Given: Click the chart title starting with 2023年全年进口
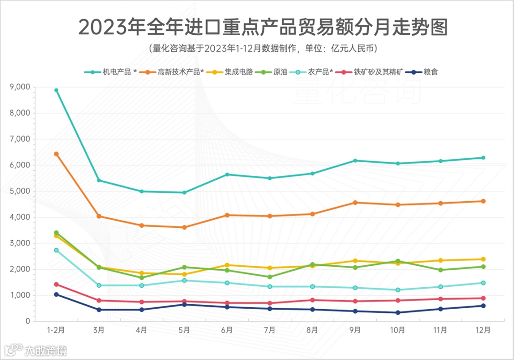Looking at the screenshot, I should tap(263, 28).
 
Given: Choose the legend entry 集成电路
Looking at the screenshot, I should tap(238, 72).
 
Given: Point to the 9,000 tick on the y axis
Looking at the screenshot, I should tap(20, 87).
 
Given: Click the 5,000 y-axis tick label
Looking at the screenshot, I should tap(20, 191).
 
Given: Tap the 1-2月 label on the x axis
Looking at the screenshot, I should tap(56, 330).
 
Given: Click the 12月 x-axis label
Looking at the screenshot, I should tap(483, 330).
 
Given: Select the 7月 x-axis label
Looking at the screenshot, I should tap(270, 330).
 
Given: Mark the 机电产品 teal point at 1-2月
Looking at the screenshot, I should tap(56, 90).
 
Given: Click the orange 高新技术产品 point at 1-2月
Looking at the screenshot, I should tap(56, 154).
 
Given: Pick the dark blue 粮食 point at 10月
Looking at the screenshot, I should tap(398, 312).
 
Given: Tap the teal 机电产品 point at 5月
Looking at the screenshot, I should tap(184, 193).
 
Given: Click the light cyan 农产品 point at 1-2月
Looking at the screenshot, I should tap(56, 250).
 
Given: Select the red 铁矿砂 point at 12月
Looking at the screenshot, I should tap(483, 298).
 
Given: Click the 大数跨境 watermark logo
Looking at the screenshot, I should tap(36, 351).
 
